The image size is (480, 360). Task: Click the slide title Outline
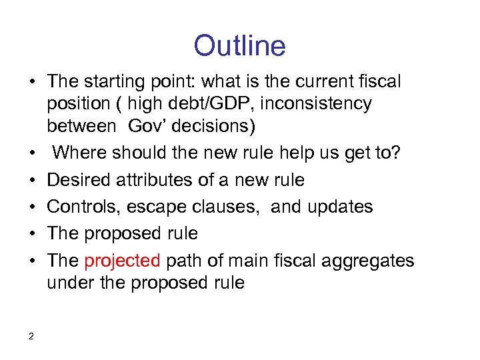click(x=239, y=46)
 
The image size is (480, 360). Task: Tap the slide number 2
click(x=31, y=336)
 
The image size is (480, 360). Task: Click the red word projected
click(x=122, y=260)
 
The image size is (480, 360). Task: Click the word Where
click(x=81, y=153)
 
